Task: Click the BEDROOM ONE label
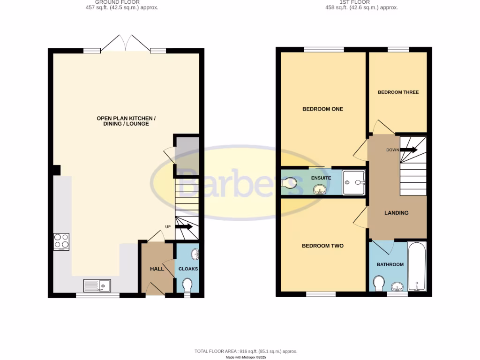[x=322, y=109]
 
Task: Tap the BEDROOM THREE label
[x=398, y=92]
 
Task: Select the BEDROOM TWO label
[x=322, y=246]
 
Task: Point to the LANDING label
[x=396, y=213]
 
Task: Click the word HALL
[x=157, y=269]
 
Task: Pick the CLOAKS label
[x=188, y=269]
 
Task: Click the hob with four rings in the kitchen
[x=61, y=241]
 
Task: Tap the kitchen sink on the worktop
[x=97, y=285]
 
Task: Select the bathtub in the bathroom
[x=416, y=266]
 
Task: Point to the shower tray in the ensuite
[x=354, y=182]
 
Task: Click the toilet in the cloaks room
[x=187, y=285]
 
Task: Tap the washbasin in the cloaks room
[x=195, y=255]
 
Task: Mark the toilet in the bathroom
[x=379, y=283]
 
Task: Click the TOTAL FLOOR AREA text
[x=246, y=351]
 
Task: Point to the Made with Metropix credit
[x=246, y=357]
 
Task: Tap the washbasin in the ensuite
[x=320, y=189]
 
